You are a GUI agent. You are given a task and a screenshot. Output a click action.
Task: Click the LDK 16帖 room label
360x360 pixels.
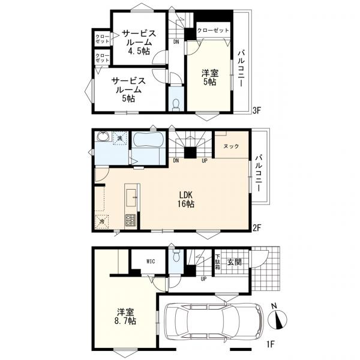[186, 199]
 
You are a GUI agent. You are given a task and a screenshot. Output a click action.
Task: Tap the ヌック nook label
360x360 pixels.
[231, 146]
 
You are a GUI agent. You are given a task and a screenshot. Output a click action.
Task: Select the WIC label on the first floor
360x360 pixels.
[151, 261]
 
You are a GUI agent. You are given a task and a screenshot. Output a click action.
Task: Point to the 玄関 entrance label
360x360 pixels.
[235, 262]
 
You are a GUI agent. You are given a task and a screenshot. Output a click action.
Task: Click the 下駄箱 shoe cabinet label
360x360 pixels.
[217, 262]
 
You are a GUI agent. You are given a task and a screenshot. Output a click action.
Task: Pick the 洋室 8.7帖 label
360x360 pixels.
[125, 316]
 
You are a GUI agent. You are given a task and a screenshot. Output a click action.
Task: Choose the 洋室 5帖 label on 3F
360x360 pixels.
[210, 77]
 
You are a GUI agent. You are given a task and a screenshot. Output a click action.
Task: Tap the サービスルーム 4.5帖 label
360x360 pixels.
[139, 42]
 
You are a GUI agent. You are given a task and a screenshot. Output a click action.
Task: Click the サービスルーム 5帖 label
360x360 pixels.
[128, 89]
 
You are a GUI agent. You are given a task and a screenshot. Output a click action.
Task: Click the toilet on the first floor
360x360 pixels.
[176, 256]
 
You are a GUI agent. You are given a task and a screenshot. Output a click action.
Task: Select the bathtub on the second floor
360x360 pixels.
[149, 140]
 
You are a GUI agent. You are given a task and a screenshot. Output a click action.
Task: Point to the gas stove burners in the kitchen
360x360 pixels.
[130, 221]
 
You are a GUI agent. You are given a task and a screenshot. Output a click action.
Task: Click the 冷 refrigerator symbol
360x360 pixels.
[102, 221]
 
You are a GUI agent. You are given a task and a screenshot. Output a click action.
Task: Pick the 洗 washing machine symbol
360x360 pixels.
[119, 138]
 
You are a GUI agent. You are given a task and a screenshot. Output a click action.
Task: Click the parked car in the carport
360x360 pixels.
[214, 322]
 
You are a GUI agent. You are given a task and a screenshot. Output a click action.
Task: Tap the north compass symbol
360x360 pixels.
[278, 318]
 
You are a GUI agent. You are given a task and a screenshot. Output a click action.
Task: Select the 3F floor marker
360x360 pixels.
[257, 110]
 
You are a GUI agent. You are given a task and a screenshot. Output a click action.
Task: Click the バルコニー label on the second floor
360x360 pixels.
[259, 173]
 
